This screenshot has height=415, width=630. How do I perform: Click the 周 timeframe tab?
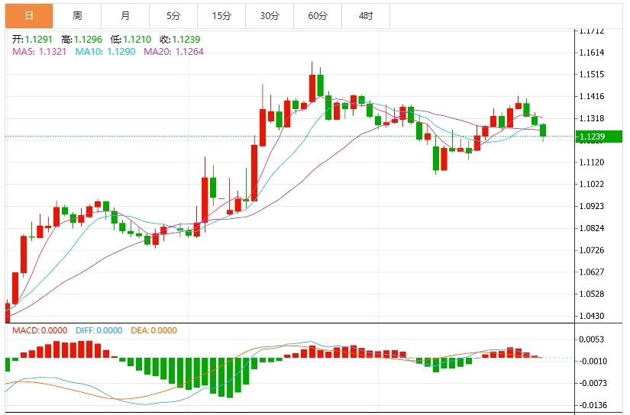(77, 15)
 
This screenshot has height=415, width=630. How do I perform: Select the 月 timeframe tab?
(125, 15)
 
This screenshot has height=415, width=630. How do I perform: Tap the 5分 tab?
(173, 15)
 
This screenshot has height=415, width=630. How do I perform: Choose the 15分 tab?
(221, 15)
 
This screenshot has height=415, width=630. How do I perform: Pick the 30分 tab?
(270, 15)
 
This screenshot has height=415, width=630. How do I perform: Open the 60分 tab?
(318, 15)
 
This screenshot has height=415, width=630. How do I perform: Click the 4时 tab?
(366, 15)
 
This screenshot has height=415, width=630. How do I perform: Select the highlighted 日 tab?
(29, 15)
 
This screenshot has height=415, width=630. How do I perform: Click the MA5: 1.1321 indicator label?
(39, 51)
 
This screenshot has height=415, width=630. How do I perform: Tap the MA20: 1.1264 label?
(173, 51)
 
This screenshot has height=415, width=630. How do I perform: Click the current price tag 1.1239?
(593, 137)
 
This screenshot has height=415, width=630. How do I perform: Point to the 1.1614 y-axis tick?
(592, 53)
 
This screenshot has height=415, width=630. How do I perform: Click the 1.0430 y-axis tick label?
(592, 316)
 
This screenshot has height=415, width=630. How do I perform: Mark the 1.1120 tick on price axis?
(592, 162)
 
